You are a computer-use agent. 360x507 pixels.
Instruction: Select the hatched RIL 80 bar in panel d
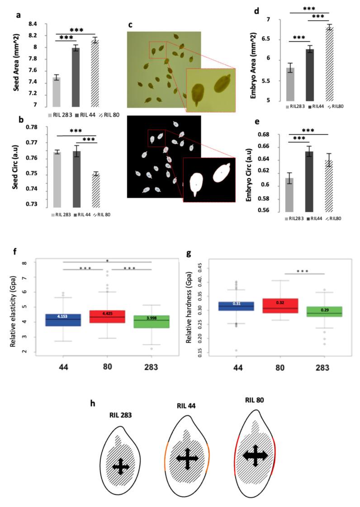pyautogui.click(x=329, y=63)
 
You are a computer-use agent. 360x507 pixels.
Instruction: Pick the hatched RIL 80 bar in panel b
pyautogui.click(x=95, y=190)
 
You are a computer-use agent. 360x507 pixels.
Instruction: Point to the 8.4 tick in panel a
pyautogui.click(x=36, y=24)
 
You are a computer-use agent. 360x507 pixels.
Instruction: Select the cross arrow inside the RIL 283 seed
pyautogui.click(x=120, y=466)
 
